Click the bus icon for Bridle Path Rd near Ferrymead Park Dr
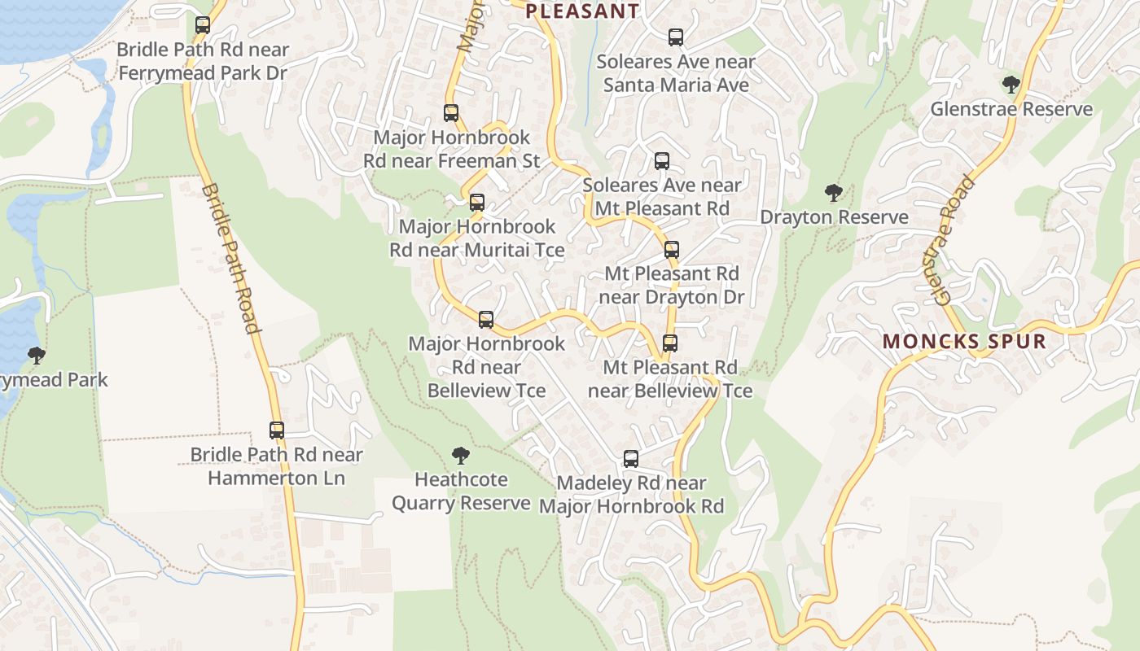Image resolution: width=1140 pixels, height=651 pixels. [203, 25]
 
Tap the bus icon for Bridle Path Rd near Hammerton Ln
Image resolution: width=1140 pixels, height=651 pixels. [277, 430]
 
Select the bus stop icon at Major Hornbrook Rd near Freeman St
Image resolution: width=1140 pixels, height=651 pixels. [451, 113]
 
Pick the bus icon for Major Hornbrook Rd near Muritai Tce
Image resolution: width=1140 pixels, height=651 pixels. [477, 203]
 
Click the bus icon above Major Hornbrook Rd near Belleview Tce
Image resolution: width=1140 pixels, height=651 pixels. [486, 320]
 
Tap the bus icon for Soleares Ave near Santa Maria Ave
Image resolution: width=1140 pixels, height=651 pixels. [676, 37]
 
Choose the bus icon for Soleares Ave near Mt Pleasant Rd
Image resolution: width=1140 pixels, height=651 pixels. [662, 161]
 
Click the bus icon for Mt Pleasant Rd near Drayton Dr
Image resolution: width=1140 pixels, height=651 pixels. [672, 250]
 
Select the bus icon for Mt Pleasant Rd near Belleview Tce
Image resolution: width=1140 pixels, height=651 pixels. [670, 343]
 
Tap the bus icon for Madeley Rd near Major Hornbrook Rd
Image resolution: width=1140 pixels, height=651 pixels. [631, 459]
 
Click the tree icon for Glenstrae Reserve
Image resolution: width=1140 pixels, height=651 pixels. [1011, 85]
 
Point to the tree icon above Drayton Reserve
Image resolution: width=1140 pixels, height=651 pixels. [833, 193]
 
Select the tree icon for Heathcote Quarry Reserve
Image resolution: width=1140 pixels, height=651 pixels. [461, 456]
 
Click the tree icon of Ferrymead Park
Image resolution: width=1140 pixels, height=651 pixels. [36, 356]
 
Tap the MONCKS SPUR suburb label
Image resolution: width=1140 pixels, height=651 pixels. [964, 341]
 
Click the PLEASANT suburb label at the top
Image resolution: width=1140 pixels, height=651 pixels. [582, 11]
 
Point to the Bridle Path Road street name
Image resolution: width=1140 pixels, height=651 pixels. [230, 258]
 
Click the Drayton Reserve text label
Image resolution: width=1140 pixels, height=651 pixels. [834, 217]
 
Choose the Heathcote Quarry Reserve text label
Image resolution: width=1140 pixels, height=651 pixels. [461, 492]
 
